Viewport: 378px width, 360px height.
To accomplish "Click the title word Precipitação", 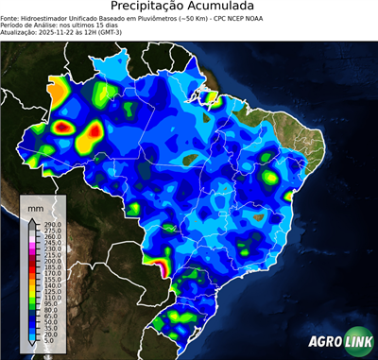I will click(150, 8).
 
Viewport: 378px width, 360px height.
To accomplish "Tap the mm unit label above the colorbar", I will click(36, 206).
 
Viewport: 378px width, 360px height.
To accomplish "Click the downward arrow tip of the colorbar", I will click(32, 350).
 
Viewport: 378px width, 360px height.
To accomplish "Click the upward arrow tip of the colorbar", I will click(32, 217).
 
